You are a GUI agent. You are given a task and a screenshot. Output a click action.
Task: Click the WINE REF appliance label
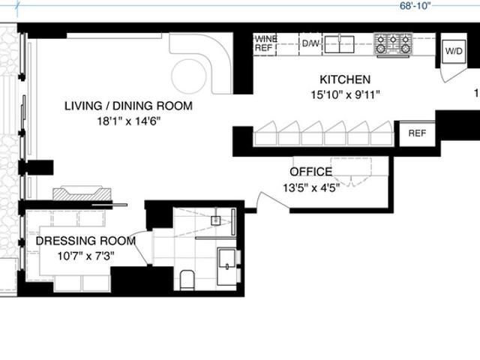tap(266, 43)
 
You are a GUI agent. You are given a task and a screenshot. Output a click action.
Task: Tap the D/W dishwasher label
tap(310, 43)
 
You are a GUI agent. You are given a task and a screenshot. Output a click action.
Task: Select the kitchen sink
tap(339, 44)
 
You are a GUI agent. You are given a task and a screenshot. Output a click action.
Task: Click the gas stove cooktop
tap(393, 45)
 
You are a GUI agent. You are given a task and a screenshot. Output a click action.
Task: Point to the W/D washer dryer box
tap(454, 51)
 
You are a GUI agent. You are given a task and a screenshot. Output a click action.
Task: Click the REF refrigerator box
tap(417, 133)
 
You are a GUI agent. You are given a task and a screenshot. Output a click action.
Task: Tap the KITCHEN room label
tap(345, 79)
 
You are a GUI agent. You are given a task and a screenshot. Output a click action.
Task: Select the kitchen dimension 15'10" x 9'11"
tap(345, 94)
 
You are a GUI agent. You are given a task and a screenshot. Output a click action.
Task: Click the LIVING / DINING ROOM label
tap(128, 106)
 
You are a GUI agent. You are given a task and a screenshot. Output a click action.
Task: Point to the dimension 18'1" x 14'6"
tap(129, 121)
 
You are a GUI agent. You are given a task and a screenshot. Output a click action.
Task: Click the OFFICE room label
tap(311, 172)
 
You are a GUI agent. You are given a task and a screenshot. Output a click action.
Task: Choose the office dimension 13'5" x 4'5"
tap(311, 187)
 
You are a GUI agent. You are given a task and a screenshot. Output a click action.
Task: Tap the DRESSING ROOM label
tap(85, 241)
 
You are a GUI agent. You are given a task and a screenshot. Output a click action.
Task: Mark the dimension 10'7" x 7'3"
tap(86, 256)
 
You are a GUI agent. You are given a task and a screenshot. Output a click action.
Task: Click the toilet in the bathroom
tap(187, 280)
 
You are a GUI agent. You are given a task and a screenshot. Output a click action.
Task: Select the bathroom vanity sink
tap(226, 267)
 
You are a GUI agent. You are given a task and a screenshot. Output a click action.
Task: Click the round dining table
tap(189, 76)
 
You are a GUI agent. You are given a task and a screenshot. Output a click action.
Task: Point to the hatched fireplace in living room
tap(82, 193)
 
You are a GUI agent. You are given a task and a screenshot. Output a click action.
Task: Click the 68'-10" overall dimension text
tap(415, 6)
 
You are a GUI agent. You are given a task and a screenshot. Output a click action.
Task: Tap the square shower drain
tap(216, 220)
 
